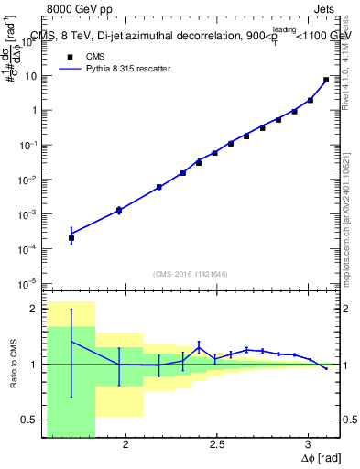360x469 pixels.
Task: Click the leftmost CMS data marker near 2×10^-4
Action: tap(71, 238)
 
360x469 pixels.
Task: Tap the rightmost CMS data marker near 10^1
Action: tap(326, 80)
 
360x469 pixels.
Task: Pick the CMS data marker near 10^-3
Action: tap(119, 211)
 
